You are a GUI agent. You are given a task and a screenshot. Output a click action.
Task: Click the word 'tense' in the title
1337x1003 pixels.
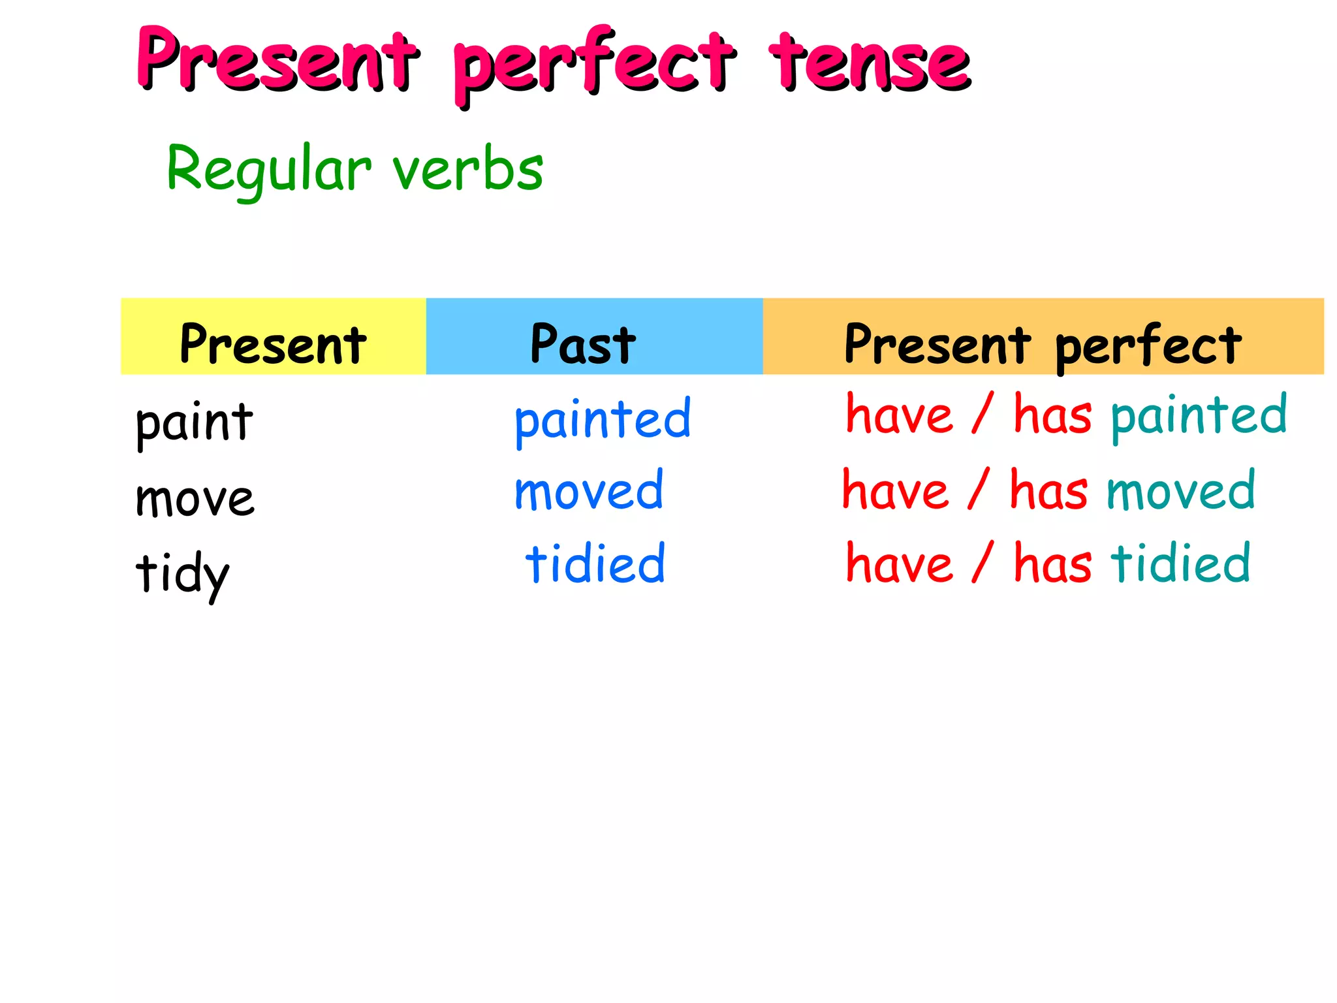pos(870,63)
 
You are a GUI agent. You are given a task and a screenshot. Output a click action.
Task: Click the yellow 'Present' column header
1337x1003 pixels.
pos(273,343)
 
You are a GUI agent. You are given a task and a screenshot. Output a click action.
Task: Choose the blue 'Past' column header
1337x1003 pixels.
pos(583,343)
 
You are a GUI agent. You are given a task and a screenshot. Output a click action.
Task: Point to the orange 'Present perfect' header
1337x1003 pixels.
pos(1043,343)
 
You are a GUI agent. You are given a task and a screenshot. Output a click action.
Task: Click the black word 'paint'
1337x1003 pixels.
pos(194,423)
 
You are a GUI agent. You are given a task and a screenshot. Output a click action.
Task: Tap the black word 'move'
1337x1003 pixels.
pos(195,499)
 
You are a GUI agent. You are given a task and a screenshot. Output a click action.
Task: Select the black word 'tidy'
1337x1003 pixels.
pos(183,573)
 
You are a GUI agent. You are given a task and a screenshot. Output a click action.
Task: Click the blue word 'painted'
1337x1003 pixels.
pos(602,419)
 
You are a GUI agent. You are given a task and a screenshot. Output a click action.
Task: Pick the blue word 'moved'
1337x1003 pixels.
pos(589,491)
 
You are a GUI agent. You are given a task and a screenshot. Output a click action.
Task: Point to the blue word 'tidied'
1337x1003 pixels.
pos(595,564)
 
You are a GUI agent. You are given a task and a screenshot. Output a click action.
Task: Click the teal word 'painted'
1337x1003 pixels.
pos(1199,415)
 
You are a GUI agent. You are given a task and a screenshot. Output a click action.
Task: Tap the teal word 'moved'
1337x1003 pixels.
pos(1180,491)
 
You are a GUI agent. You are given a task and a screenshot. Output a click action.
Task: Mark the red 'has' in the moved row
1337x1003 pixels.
pos(1048,491)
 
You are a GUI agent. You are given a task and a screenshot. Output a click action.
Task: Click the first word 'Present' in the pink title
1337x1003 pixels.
pos(277,60)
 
